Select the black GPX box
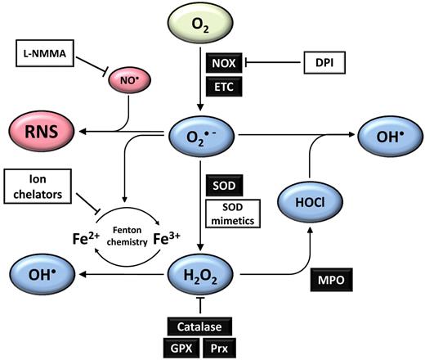181,347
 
